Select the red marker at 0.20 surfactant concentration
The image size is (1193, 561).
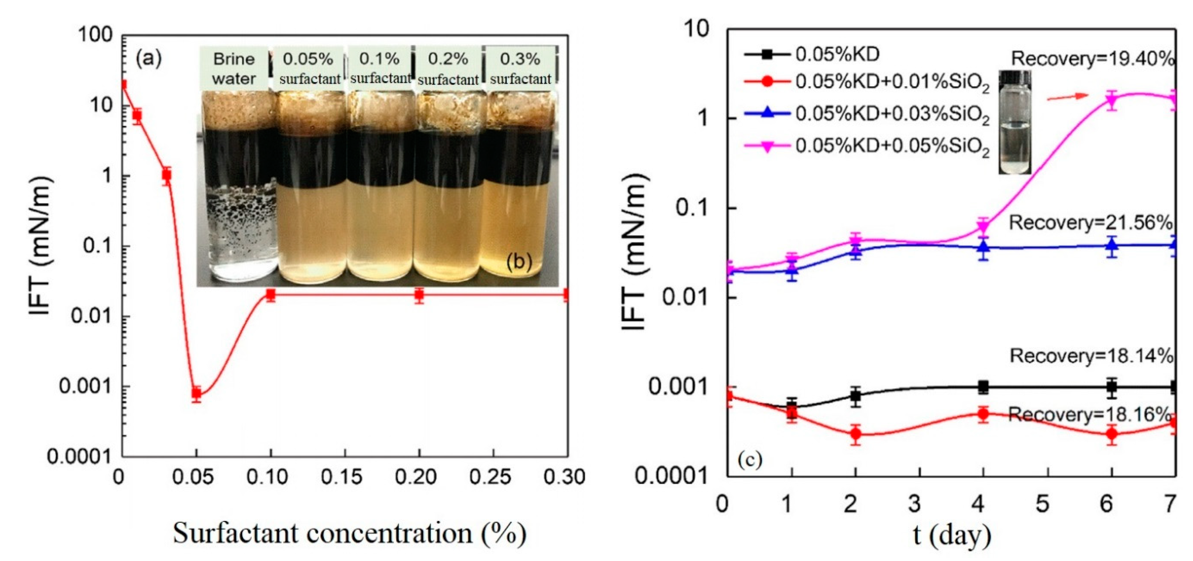419,295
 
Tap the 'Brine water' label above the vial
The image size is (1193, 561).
234,69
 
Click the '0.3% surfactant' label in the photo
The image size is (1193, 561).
520,69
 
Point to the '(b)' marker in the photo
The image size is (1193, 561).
519,262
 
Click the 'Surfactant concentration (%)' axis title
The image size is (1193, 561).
350,533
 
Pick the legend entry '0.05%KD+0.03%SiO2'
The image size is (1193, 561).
866,114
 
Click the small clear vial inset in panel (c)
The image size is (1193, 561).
1014,123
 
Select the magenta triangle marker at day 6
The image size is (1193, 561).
1112,99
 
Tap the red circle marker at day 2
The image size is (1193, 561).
856,434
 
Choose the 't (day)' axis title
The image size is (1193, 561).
953,535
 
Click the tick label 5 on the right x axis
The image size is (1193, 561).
1042,504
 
